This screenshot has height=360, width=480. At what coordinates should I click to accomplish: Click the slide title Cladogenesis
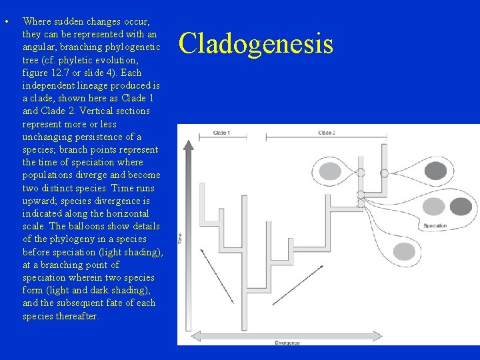[256, 43]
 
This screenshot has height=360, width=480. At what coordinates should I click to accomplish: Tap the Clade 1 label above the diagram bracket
[221, 133]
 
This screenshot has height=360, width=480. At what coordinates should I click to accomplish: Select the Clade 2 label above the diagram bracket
[326, 133]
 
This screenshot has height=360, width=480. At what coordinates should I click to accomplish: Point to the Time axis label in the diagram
[179, 238]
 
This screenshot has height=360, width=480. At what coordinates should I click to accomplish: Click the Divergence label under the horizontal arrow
[287, 343]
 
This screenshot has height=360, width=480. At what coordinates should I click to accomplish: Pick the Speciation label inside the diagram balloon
[435, 226]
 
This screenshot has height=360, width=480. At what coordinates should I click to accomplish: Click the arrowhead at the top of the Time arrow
[189, 142]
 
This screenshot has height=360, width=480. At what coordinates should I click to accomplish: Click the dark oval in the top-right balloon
[435, 171]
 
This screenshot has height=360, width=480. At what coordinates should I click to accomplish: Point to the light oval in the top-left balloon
[330, 171]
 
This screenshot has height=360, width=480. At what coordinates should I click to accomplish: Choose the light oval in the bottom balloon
[403, 251]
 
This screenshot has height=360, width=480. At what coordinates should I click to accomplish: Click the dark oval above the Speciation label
[460, 207]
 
